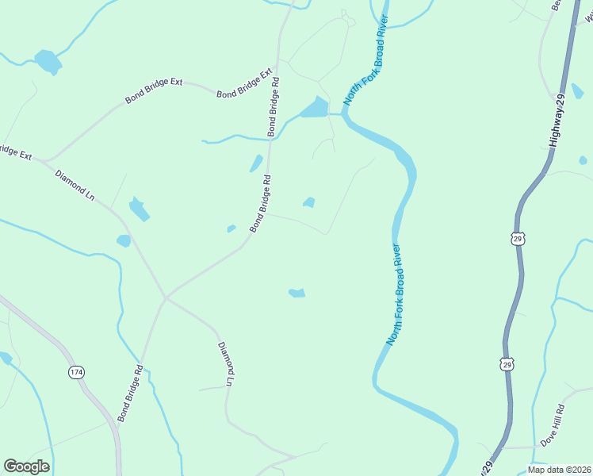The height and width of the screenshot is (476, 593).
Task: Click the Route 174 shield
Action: coord(76,372)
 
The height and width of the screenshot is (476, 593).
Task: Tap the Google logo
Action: coord(26,466)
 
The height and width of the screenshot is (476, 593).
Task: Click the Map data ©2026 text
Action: coord(558,470)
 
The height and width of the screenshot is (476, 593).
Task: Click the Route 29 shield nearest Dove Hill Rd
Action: coord(506,363)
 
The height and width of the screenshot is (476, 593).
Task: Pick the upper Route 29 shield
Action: coord(517,238)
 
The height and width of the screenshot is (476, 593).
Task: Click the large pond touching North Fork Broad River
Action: coord(315,108)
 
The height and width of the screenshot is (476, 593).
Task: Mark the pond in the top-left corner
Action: coord(48,61)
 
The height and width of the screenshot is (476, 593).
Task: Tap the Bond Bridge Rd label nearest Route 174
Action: coord(129,393)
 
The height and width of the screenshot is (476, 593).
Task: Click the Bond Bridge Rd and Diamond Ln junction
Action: coord(165,298)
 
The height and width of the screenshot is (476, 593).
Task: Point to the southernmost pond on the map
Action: coord(296,294)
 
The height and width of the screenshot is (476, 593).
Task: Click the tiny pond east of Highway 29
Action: coord(583,160)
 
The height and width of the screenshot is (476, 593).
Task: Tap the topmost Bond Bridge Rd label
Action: coord(273,106)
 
